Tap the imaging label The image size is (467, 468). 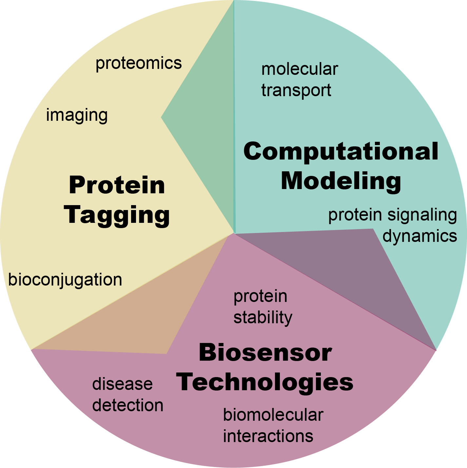[77, 116]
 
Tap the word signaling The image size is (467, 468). [422, 215]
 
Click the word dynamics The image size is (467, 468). [420, 236]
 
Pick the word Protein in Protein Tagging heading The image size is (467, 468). [117, 185]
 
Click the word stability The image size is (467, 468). [263, 318]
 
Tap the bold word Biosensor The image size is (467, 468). [265, 353]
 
